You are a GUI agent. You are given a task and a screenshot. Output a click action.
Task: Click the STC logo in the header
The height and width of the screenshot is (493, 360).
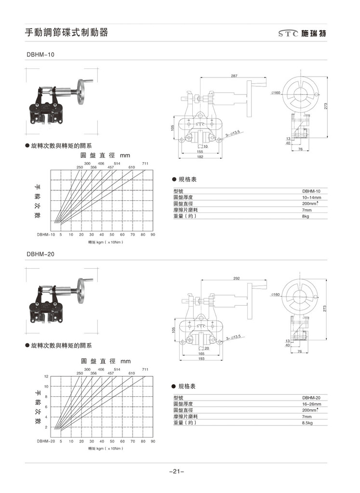coord(288,34)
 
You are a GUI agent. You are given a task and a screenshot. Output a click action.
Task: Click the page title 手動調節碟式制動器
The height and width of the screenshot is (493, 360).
coord(67,33)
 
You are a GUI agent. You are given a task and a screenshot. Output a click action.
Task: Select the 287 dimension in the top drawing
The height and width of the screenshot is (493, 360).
coord(234,76)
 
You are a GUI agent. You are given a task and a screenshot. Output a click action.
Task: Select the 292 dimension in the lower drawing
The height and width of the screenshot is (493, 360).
coord(236,278)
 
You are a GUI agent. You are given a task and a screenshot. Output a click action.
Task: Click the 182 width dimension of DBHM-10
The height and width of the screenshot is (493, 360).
coord(200,157)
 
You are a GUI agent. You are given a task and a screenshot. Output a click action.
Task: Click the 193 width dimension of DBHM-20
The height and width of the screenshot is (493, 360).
coord(201,359)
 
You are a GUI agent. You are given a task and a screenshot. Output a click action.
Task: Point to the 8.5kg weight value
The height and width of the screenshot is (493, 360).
coord(307,423)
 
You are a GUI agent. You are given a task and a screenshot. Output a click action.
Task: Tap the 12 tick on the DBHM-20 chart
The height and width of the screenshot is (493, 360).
coord(46,376)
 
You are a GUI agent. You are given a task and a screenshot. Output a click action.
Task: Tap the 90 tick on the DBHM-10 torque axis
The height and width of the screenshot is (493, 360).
coord(153,234)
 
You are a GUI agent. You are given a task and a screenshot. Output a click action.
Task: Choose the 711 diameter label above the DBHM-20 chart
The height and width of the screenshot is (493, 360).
coord(145,369)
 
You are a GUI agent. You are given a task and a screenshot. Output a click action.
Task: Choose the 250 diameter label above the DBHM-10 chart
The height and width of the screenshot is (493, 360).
coord(80,167)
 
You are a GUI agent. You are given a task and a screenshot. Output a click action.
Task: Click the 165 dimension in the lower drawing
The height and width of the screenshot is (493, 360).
coord(201,353)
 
